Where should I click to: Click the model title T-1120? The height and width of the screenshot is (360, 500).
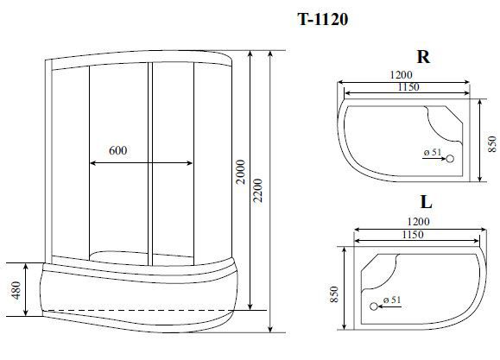(x=323, y=20)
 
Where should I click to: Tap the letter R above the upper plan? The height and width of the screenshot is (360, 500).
(x=423, y=57)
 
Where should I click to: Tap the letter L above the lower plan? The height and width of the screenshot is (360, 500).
(x=426, y=201)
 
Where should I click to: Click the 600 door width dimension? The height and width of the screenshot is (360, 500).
(x=118, y=150)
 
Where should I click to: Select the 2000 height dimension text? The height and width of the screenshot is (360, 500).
(x=242, y=172)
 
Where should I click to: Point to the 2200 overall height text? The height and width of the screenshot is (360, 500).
(x=257, y=191)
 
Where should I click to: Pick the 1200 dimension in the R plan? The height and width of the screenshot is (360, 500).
(x=401, y=74)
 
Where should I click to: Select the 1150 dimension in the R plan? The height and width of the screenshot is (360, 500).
(x=408, y=86)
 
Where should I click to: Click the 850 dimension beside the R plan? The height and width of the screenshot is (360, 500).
(x=492, y=144)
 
